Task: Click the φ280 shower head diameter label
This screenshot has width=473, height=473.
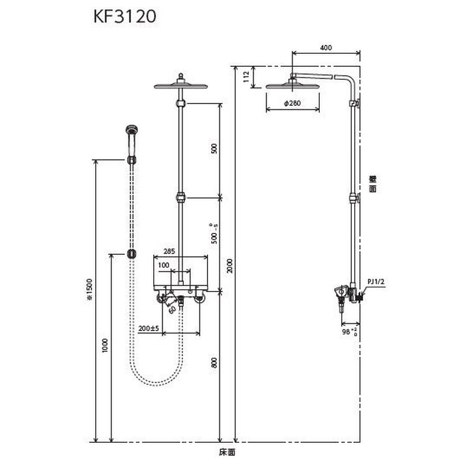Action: coord(293,103)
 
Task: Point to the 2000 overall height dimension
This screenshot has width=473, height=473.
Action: coord(229,267)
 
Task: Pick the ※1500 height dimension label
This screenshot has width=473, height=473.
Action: coord(89,294)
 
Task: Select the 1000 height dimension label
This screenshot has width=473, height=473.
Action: coord(105,346)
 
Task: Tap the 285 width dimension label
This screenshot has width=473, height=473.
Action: coord(169,251)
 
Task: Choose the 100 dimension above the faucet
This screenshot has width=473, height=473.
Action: coord(163,265)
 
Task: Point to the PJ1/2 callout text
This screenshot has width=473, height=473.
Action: coord(375,282)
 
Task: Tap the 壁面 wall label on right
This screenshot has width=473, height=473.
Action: coord(373,184)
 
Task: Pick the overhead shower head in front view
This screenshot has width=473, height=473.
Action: coord(180,86)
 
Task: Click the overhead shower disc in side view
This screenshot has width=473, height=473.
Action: coord(293,86)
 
